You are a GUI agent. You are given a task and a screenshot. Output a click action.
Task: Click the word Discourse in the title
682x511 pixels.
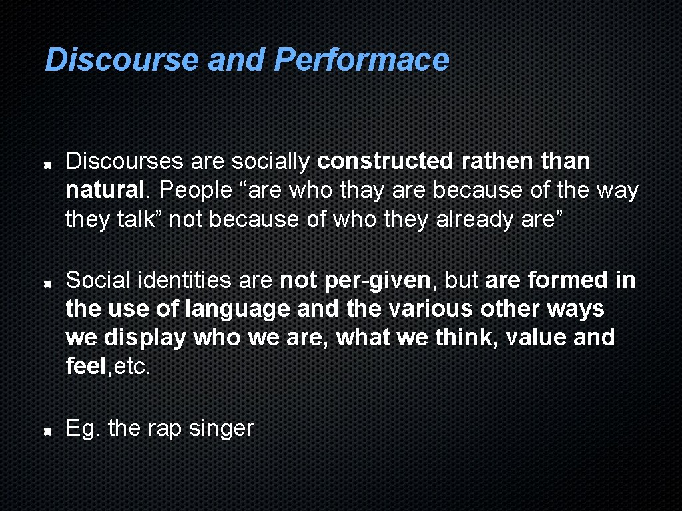click(122, 59)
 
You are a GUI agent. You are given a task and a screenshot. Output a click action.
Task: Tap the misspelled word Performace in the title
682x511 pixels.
click(362, 59)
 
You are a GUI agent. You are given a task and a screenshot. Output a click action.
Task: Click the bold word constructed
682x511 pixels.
click(384, 161)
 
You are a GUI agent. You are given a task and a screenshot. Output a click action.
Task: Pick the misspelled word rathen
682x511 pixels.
click(487, 161)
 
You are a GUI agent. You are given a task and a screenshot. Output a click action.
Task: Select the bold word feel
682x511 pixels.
click(86, 366)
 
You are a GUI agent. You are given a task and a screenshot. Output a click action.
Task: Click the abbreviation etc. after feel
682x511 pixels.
click(132, 366)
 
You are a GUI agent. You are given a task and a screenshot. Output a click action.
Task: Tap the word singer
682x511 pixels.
click(221, 428)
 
